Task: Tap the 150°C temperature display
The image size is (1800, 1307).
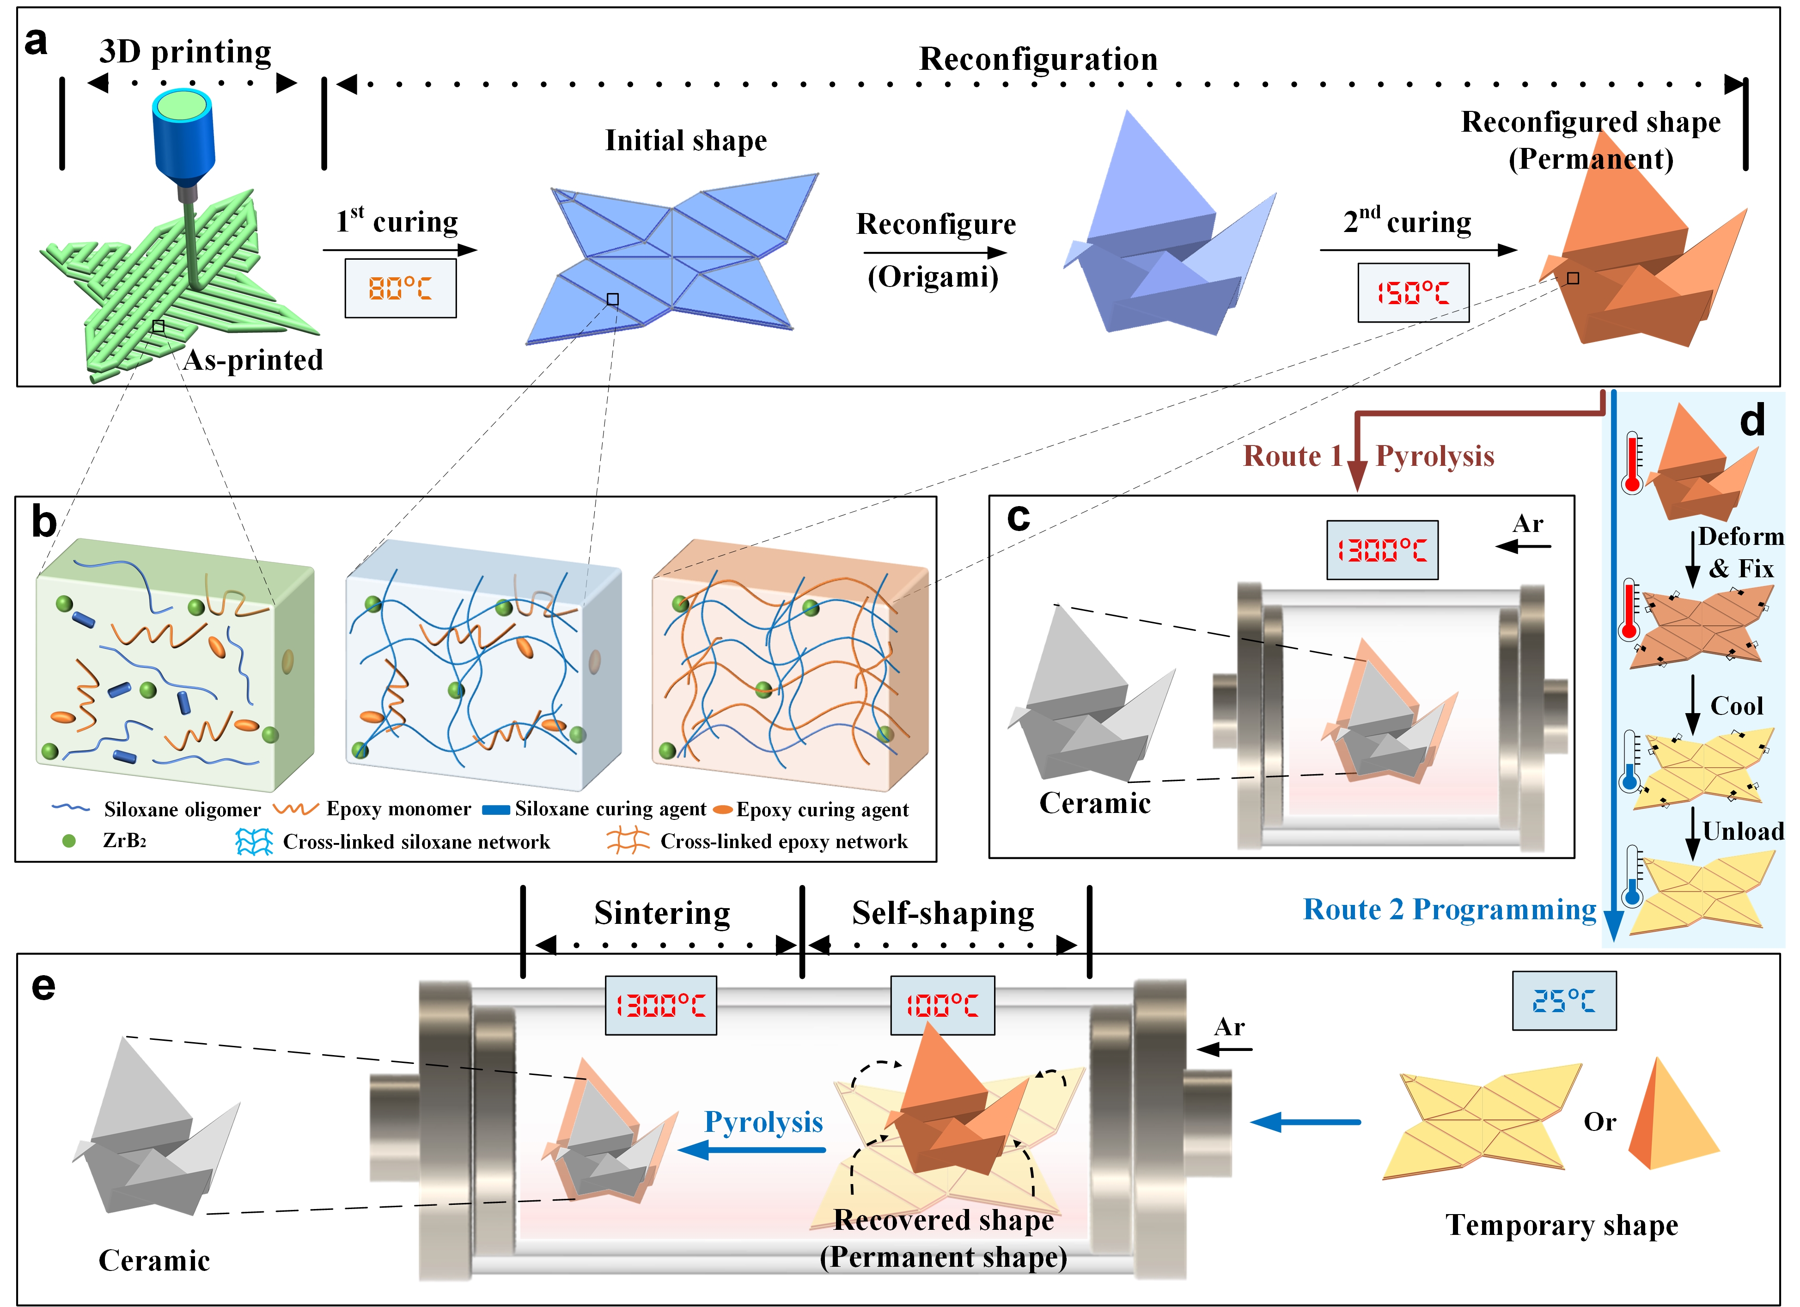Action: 1414,293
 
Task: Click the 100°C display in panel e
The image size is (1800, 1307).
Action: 943,1006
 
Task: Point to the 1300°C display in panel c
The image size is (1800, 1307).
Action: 1383,550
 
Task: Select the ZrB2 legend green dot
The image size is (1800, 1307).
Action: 69,840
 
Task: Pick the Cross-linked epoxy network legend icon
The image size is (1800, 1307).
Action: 628,841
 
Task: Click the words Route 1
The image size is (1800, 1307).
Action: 1292,456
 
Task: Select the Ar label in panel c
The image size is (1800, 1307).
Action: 1528,524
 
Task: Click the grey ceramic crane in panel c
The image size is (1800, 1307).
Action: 1091,694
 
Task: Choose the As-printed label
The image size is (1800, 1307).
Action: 253,361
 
